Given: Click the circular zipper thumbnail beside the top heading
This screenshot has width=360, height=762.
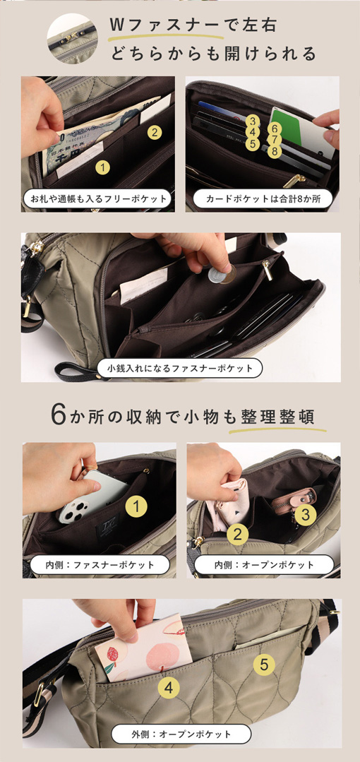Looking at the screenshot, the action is click(x=73, y=39).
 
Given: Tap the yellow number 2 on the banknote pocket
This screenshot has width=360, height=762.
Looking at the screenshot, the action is click(x=154, y=132).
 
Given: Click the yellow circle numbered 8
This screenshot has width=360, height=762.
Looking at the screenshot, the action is click(x=275, y=151).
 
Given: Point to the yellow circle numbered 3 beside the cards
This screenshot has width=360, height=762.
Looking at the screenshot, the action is click(x=252, y=121).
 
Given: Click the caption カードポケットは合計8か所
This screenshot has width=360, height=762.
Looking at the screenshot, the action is click(x=263, y=198).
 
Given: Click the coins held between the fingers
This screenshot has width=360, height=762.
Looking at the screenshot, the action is click(x=222, y=275).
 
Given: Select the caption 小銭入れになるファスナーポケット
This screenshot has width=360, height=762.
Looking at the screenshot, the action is click(x=180, y=368).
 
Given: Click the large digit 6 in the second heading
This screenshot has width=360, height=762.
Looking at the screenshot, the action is click(x=58, y=415).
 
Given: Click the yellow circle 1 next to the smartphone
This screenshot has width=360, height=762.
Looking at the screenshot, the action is click(x=136, y=507).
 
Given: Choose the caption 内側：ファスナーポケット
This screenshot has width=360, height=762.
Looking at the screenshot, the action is click(x=100, y=565).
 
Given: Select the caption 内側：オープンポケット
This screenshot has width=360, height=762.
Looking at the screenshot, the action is click(x=264, y=565).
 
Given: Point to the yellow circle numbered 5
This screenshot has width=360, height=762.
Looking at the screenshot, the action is click(x=264, y=665).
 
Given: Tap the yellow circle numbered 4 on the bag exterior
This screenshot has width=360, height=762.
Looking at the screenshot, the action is click(x=169, y=687).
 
